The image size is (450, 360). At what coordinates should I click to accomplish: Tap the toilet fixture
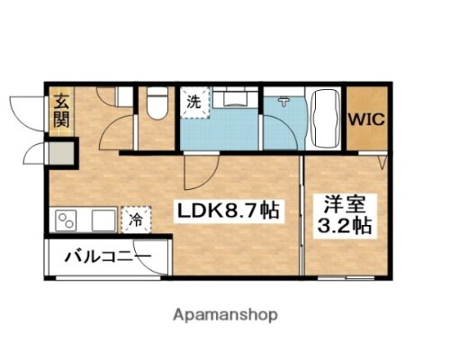156,105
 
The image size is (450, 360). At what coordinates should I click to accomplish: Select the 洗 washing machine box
194,103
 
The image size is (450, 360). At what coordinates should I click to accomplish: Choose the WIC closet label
367,119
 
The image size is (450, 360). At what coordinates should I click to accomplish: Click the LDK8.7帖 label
226,212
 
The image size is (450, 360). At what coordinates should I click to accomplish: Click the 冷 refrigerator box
135,218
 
